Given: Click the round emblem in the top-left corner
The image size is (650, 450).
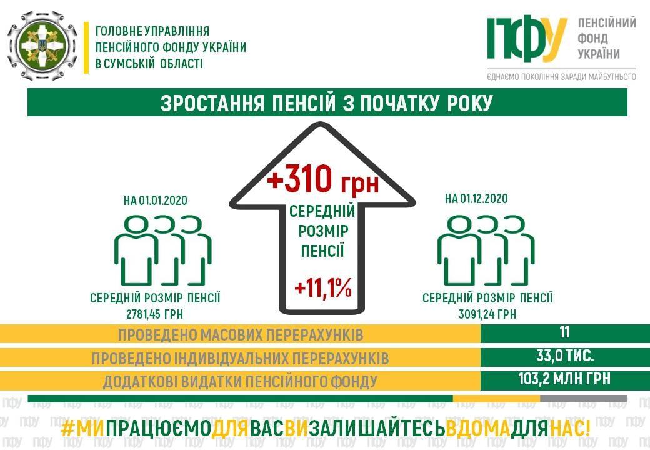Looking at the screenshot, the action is click(42, 45).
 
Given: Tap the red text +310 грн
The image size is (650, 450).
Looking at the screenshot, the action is click(323, 180).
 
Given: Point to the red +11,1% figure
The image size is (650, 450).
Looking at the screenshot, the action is click(323, 287).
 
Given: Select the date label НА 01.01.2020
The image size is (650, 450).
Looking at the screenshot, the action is click(156, 201).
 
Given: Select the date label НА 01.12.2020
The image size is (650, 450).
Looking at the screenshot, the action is click(476, 199).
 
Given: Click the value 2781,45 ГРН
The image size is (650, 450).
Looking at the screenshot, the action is click(154, 314).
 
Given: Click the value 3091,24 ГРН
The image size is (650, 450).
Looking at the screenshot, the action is click(487, 314).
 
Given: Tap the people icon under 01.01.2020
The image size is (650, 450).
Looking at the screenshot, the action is click(163, 250).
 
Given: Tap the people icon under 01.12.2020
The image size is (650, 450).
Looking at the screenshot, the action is click(486, 250).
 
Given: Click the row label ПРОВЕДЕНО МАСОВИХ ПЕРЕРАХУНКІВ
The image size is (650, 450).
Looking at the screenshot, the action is click(241, 335).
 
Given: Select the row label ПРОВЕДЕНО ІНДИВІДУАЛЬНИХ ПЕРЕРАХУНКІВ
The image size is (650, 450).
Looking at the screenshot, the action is click(241, 358).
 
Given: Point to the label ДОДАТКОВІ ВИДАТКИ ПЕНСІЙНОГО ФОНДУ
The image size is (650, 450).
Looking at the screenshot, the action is click(241, 382).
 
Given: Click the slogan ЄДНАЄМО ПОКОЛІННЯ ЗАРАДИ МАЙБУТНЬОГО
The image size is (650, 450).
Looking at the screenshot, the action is click(562, 77).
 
